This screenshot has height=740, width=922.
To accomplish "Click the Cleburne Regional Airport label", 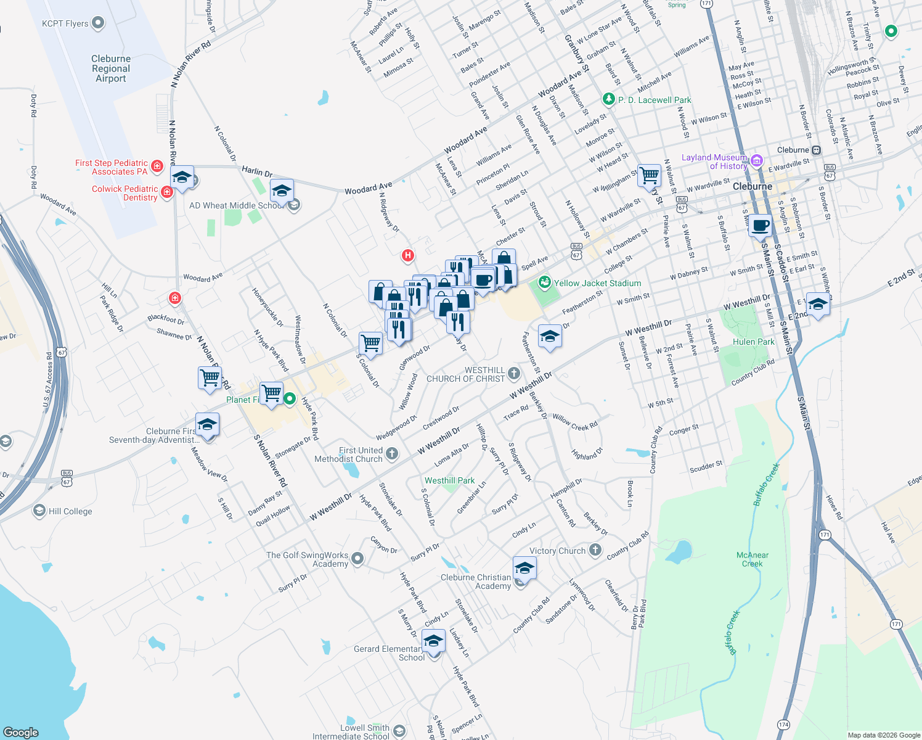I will tap(111, 68).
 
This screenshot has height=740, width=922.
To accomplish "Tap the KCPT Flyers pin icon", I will tap(98, 23).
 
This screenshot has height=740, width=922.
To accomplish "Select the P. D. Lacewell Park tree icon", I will tap(608, 99).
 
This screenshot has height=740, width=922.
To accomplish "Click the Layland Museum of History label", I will tap(714, 162).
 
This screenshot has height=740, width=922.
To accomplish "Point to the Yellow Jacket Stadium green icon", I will tap(544, 283).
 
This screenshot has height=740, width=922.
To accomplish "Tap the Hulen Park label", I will tap(753, 342).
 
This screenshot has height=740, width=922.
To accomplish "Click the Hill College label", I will tap(70, 511).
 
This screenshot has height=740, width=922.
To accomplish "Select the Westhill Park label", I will tap(449, 480).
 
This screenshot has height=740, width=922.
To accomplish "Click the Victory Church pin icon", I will tap(595, 550).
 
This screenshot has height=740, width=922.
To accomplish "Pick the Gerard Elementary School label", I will tap(388, 653).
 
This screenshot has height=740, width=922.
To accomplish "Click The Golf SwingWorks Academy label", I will tap(308, 559).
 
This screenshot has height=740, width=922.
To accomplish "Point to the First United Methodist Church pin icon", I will tap(392, 455).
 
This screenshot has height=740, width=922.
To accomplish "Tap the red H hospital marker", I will tap(407, 255).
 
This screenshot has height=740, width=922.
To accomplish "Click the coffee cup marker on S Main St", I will tap(761, 226).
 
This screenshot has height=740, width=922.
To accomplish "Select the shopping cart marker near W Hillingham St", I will tap(649, 176).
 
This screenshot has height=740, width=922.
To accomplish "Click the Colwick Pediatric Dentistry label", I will tap(124, 193).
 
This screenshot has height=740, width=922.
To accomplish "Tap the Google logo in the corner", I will tap(21, 732).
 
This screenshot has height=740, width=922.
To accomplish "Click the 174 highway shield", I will tap(783, 724).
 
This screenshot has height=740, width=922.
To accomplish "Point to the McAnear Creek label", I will tap(753, 559).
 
